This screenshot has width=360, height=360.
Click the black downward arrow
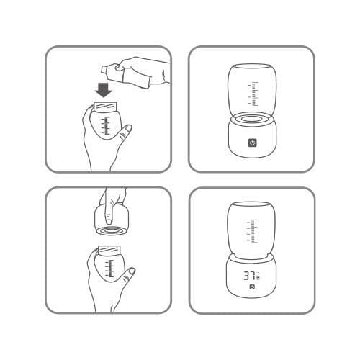[104, 90]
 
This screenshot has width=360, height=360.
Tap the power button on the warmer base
[252, 143]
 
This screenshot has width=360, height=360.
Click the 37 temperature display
[249, 276]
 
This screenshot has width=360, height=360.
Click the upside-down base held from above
[112, 220]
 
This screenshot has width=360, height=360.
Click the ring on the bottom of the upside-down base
[112, 233]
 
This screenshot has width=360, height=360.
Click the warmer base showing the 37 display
[251, 279]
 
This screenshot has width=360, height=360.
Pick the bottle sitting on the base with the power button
[251, 90]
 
